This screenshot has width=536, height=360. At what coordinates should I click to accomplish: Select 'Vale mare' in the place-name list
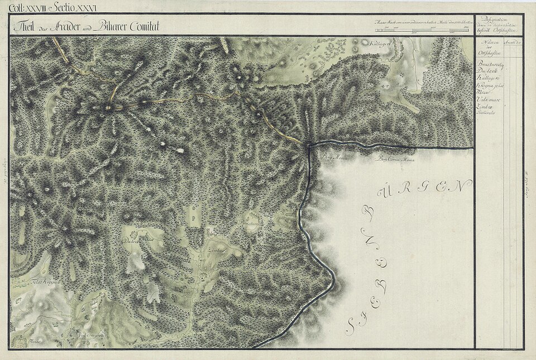[x=486, y=99]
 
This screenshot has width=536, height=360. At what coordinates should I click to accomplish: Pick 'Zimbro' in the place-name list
[x=484, y=105]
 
